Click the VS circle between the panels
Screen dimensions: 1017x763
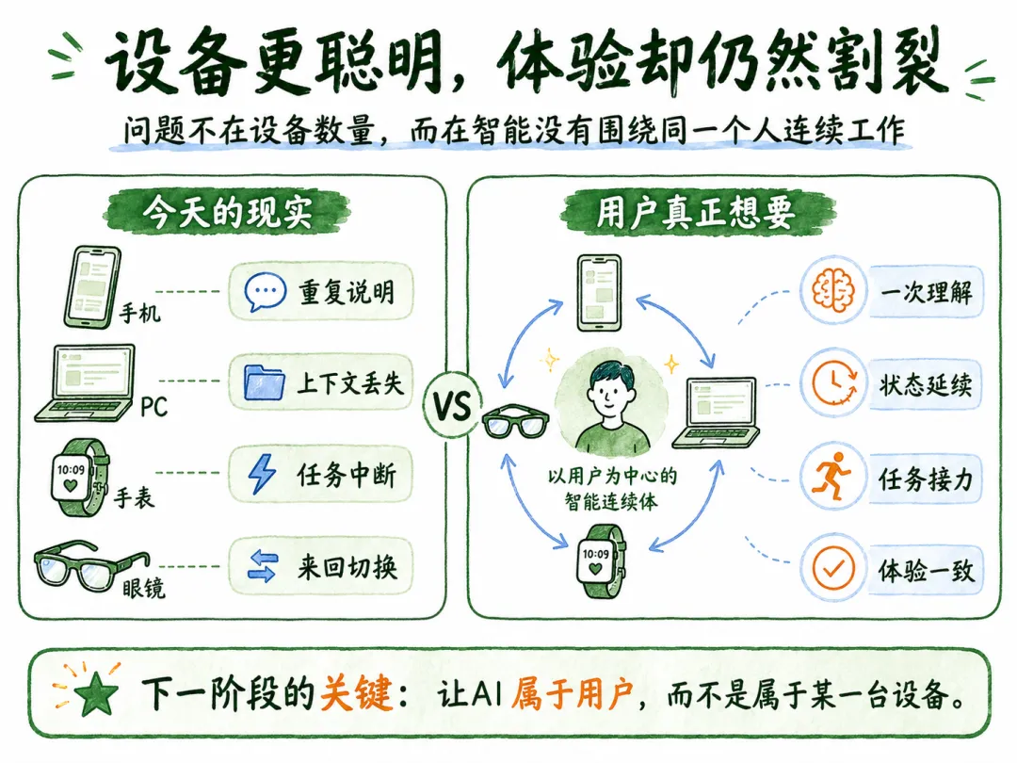click(452, 405)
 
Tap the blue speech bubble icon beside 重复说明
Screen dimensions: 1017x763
click(265, 291)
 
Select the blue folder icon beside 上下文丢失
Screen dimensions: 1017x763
click(264, 382)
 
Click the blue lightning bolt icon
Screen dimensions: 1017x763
click(262, 474)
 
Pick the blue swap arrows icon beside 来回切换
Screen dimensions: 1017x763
click(263, 566)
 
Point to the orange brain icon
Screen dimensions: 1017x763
click(832, 289)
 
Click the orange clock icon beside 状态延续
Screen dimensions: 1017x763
click(834, 383)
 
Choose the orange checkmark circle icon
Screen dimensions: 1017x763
click(833, 569)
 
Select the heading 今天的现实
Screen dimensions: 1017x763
click(227, 211)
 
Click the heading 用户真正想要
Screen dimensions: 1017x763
click(695, 211)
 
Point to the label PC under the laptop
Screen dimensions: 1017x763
click(153, 408)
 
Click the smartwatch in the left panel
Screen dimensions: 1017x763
click(80, 478)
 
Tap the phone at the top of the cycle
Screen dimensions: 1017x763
click(599, 293)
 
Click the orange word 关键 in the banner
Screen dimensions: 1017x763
click(356, 693)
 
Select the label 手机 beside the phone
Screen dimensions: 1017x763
click(139, 314)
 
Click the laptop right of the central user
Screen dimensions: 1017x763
click(716, 413)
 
